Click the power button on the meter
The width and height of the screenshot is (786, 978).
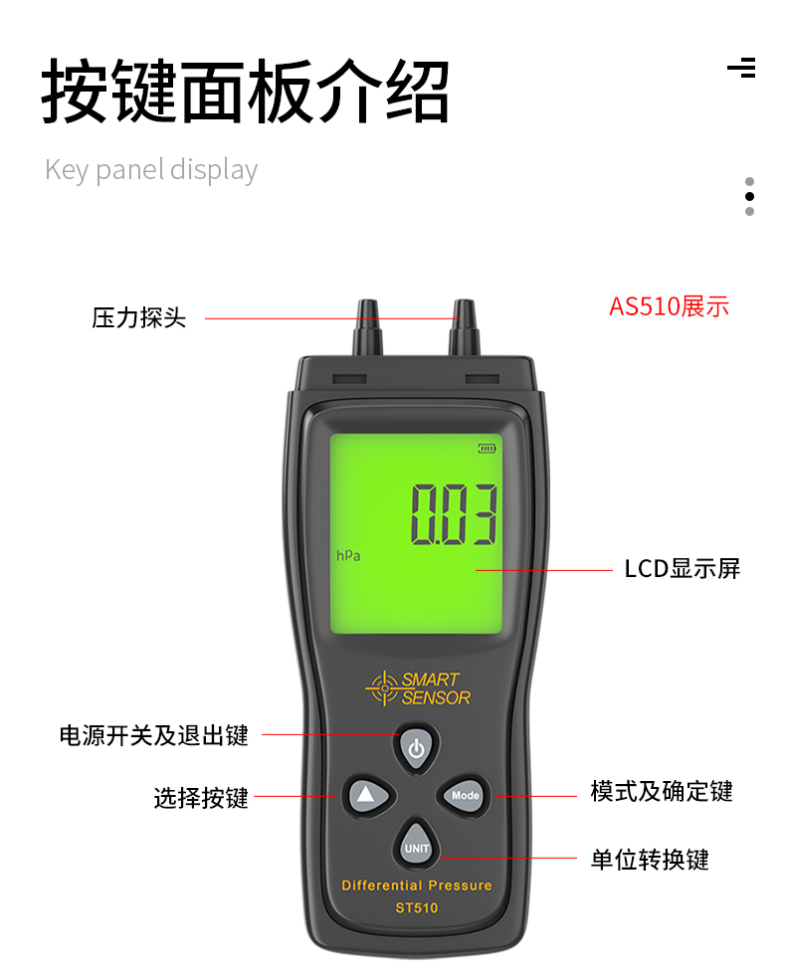(x=417, y=748)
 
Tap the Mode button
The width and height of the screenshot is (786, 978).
(x=464, y=795)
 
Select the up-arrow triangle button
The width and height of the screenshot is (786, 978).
(x=368, y=795)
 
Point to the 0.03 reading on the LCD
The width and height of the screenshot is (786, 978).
(x=454, y=514)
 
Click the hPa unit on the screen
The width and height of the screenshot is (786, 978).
(x=348, y=555)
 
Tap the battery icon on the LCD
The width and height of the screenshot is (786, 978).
(x=487, y=449)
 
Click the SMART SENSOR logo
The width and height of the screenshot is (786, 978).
(x=418, y=688)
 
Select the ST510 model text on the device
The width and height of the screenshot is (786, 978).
(x=417, y=907)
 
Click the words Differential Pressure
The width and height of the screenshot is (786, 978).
(x=417, y=885)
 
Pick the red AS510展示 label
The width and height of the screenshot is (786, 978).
(x=669, y=306)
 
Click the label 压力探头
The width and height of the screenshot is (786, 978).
(x=139, y=318)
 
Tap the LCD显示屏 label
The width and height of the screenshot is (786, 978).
(x=682, y=569)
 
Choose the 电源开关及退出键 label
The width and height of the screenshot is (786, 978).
(x=154, y=735)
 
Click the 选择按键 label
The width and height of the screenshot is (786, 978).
(x=201, y=798)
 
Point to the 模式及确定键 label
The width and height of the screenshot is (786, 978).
(x=662, y=791)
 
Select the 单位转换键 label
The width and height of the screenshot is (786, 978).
(x=650, y=860)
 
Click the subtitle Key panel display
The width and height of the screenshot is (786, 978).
(x=151, y=170)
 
